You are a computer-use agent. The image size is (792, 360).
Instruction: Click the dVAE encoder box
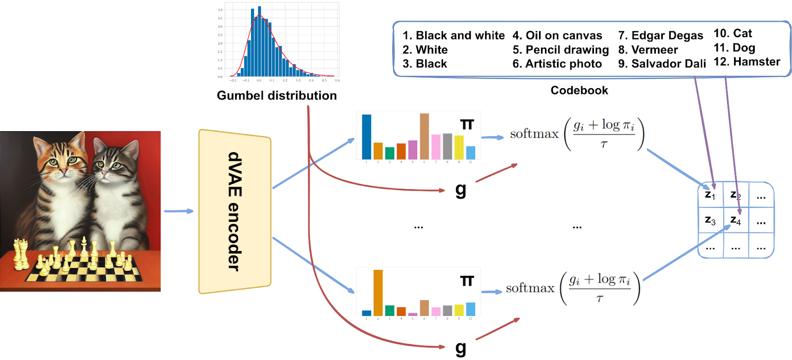coord(235,211)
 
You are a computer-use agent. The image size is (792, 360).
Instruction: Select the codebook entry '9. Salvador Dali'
coord(662,64)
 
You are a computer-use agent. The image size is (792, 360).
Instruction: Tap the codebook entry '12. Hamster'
coord(746,62)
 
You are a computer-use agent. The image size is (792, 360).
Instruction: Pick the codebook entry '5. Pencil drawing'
coord(560,50)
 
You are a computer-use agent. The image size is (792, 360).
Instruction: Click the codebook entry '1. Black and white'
coord(453,36)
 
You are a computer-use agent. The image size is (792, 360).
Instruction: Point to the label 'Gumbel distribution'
coord(277,96)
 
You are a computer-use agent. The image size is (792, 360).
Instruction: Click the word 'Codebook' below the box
coord(579,90)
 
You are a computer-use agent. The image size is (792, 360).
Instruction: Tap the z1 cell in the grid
coord(710,195)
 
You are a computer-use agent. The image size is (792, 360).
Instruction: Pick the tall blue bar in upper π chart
coord(366,137)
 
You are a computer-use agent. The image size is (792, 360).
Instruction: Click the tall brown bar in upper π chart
coord(424,136)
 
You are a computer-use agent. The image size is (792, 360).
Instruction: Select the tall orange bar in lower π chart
coord(378,293)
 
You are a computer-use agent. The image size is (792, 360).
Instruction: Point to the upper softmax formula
coord(577,134)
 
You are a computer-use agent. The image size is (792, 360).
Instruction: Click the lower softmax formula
coord(573,288)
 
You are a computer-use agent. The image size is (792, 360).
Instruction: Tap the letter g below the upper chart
coord(461,189)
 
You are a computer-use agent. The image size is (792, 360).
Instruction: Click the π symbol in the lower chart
coord(467,281)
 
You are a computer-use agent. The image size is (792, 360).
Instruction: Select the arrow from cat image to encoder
coord(179,211)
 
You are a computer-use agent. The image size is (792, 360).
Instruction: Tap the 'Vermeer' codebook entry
coord(648,50)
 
